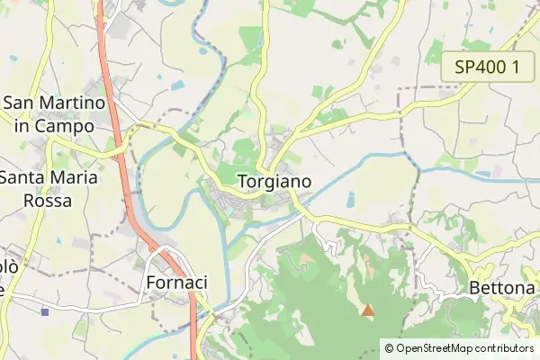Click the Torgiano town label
[x=275, y=181]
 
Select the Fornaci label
[x=176, y=283]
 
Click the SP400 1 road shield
[x=487, y=67]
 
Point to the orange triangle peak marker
[x=367, y=310]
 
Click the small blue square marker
[x=44, y=311]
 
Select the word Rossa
[x=47, y=201]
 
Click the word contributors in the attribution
[x=504, y=347]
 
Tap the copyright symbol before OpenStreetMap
[x=389, y=347]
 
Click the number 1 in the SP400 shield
[x=516, y=67]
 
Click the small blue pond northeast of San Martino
[x=176, y=85]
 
